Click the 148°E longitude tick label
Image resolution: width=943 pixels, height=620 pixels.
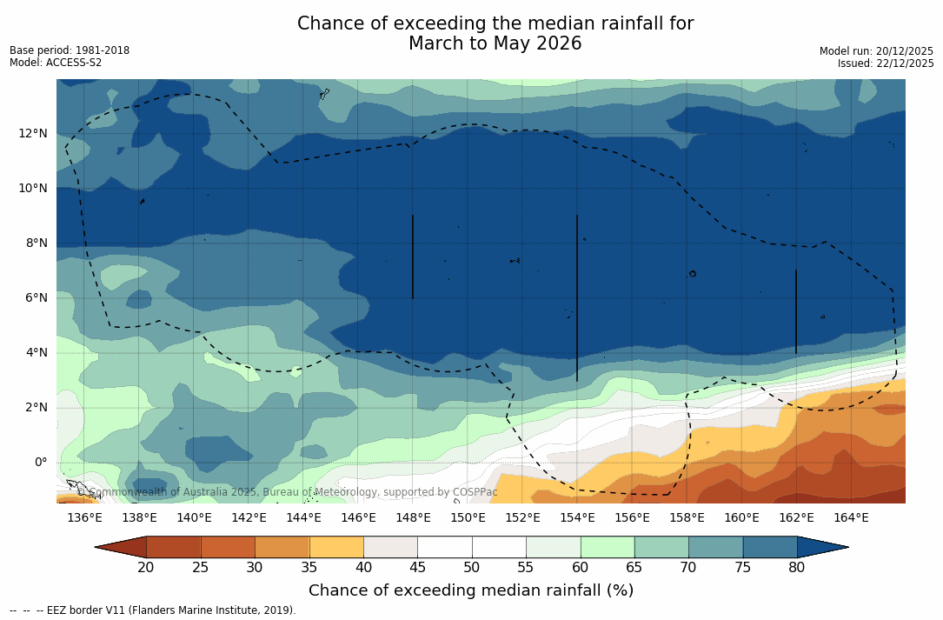pyautogui.click(x=413, y=518)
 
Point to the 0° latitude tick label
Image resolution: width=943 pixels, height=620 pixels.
pyautogui.click(x=41, y=462)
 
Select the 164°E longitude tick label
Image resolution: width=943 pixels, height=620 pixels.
pyautogui.click(x=851, y=518)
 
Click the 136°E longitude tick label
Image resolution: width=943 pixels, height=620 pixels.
pyautogui.click(x=84, y=518)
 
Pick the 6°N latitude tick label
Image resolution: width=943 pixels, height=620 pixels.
pyautogui.click(x=35, y=297)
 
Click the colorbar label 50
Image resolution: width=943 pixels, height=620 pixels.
pyautogui.click(x=472, y=568)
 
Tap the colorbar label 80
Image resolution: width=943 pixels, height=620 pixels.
pyautogui.click(x=797, y=568)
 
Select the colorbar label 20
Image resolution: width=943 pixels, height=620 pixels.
pyautogui.click(x=146, y=568)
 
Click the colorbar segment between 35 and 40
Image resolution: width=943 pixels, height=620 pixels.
pyautogui.click(x=336, y=547)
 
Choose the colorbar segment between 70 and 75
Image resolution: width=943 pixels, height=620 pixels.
pyautogui.click(x=716, y=547)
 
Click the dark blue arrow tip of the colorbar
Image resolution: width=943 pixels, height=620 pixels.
pyautogui.click(x=826, y=547)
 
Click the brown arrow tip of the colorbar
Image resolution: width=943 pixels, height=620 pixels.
pyautogui.click(x=119, y=547)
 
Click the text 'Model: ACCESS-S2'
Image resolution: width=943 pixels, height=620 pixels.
pyautogui.click(x=56, y=63)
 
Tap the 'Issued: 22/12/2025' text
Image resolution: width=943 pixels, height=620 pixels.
pyautogui.click(x=886, y=63)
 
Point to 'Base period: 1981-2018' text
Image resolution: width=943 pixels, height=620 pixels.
pyautogui.click(x=70, y=50)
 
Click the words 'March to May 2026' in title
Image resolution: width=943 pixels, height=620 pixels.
pyautogui.click(x=495, y=43)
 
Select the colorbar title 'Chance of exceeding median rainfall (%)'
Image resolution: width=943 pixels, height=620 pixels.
pyautogui.click(x=471, y=590)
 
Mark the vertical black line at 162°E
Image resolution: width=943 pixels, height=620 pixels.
pyautogui.click(x=796, y=311)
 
